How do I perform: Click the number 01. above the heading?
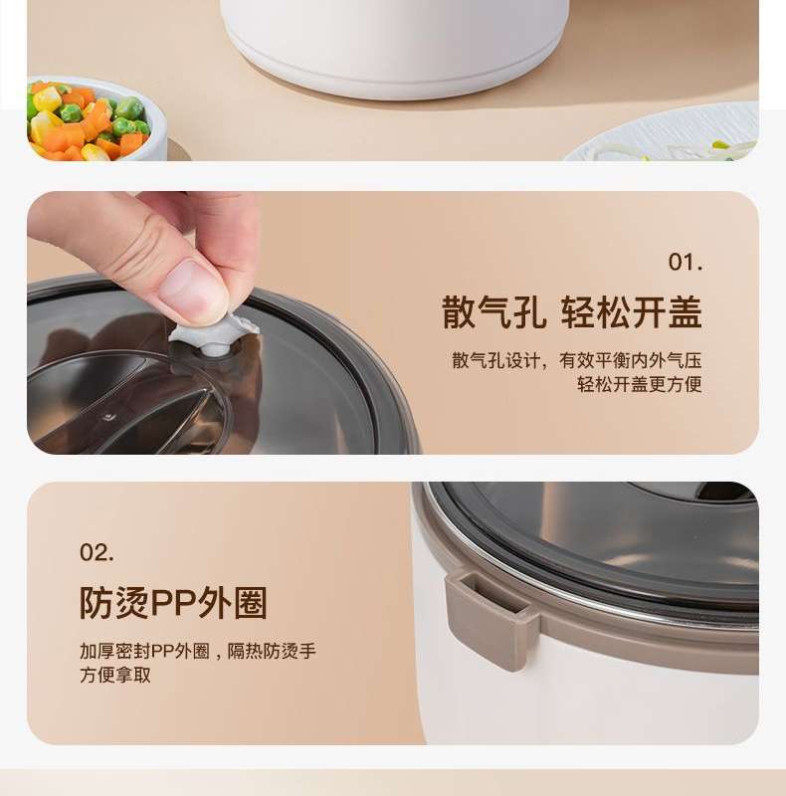pos(686,263)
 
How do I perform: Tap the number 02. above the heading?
pos(97,552)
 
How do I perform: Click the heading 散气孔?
pos(493,312)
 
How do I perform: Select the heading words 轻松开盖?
pos(632,312)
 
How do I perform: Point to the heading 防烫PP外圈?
pos(173,603)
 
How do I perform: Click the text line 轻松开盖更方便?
pos(640,384)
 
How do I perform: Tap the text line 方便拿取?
pos(115,675)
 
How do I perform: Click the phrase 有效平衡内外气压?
pos(631,360)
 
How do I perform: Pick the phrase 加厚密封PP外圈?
pos(144,651)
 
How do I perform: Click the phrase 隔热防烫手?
pos(272,651)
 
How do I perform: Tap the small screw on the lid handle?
pos(107,417)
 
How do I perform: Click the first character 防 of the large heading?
pos(97,603)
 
